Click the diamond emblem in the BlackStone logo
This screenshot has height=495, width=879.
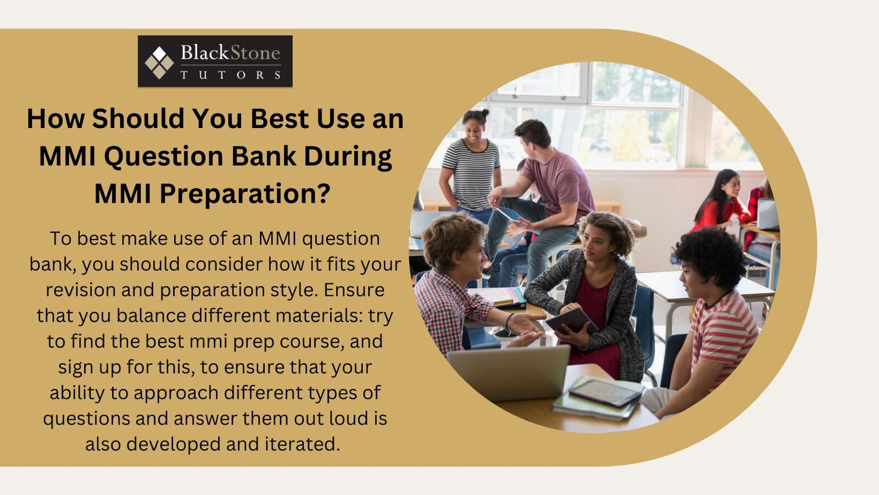[159, 63]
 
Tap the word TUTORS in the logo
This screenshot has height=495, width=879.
[231, 75]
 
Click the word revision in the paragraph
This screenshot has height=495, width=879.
[80, 290]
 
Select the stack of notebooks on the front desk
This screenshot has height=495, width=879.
[599, 397]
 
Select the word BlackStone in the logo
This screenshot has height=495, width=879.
[230, 53]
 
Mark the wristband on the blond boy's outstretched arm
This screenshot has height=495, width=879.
[509, 320]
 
